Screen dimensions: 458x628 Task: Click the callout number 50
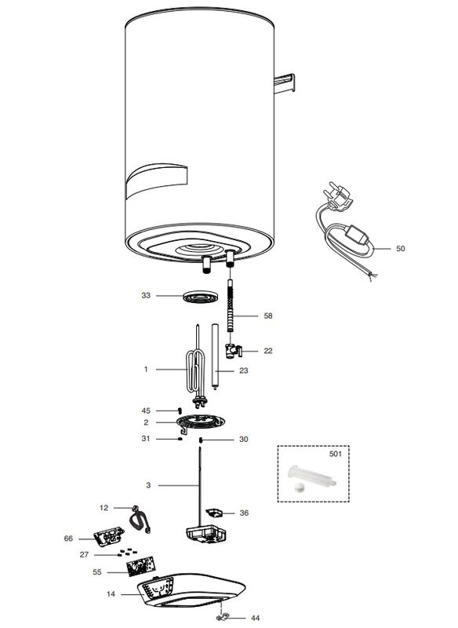(x=401, y=248)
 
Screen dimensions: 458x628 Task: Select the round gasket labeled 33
(x=200, y=297)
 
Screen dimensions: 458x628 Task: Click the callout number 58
(x=268, y=316)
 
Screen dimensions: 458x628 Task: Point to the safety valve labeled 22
(x=234, y=351)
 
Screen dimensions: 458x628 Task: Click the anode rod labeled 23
(x=215, y=356)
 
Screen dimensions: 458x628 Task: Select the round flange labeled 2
(x=200, y=422)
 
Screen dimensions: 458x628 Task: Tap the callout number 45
(x=146, y=411)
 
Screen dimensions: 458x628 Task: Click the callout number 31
(x=146, y=439)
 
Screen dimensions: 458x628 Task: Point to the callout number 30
(x=244, y=440)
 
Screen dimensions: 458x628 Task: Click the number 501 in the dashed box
(x=335, y=454)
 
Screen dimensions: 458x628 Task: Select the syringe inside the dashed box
(x=312, y=476)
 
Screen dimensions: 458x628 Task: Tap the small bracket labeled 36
(x=214, y=513)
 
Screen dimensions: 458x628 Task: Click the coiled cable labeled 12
(x=140, y=520)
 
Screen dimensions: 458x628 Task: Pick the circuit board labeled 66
(x=108, y=537)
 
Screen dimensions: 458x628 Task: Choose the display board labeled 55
(x=140, y=566)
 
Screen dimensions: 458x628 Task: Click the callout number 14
(x=111, y=594)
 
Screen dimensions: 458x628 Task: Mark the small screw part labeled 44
(x=223, y=616)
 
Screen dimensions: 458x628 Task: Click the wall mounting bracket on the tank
(x=285, y=83)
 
